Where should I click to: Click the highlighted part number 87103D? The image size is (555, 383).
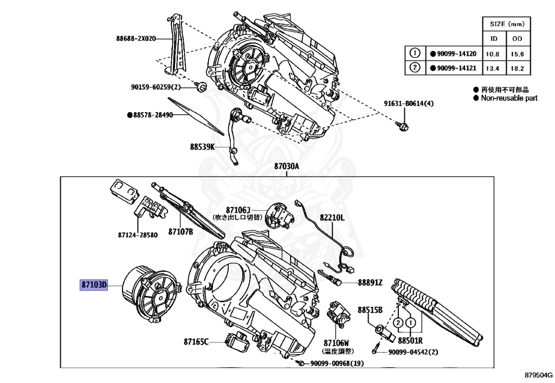[x=94, y=284]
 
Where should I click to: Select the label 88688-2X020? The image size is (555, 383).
[x=136, y=38]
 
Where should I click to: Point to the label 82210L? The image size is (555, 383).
[x=332, y=217]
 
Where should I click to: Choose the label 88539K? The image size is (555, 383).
[x=202, y=147]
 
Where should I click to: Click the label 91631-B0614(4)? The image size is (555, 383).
[x=409, y=103]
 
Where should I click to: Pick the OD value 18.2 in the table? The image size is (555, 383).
[x=518, y=68]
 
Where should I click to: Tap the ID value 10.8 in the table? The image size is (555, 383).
[x=494, y=54]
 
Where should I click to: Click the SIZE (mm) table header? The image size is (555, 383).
[x=506, y=24]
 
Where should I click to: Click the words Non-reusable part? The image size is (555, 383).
[x=509, y=98]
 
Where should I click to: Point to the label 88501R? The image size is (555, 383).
[x=410, y=341]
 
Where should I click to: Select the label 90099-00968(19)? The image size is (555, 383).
[x=337, y=363]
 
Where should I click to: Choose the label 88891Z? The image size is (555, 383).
[x=370, y=282]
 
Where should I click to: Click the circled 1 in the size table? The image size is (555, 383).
[x=415, y=54]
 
